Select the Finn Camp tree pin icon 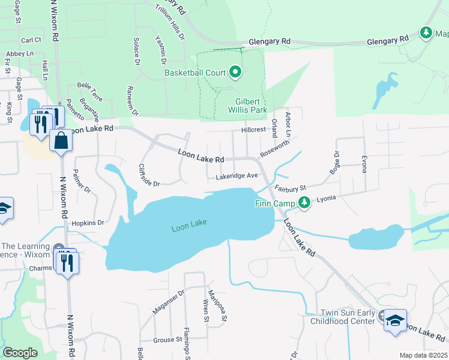305,203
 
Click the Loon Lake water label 189,226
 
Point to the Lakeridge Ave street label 237,176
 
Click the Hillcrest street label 253,130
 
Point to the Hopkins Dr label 88,223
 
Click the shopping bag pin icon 61,142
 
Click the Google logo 20,353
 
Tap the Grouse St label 168,340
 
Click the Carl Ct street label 31,40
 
